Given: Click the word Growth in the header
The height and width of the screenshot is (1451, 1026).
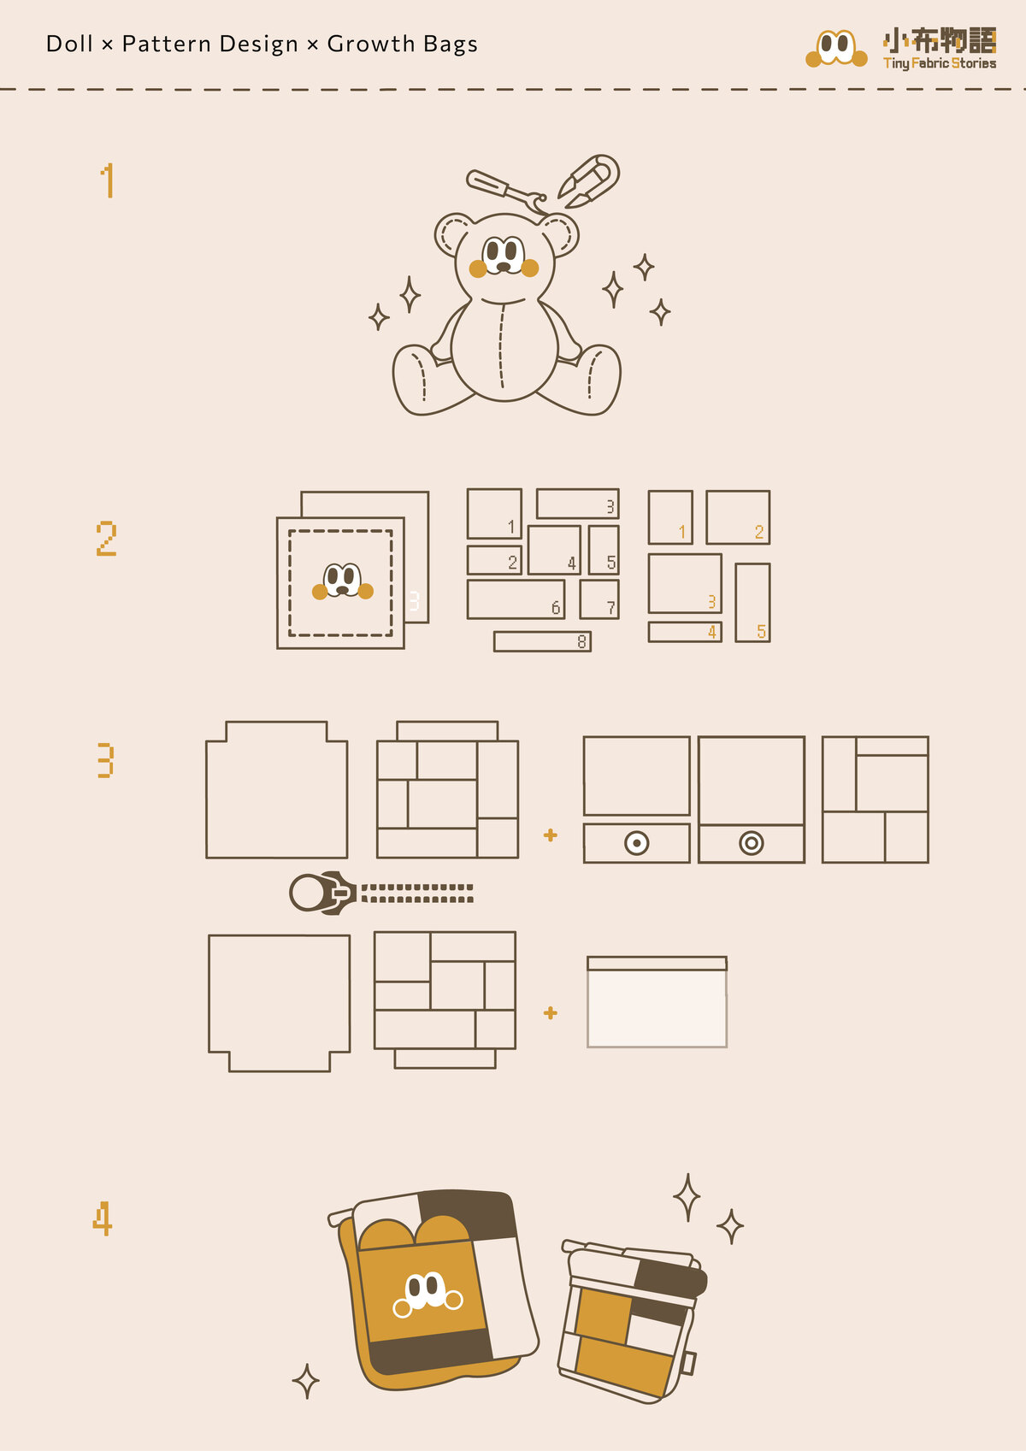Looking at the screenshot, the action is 370,44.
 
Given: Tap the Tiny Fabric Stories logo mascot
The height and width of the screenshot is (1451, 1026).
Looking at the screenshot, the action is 836,49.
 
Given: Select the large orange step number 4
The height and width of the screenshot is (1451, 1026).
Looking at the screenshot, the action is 103,1218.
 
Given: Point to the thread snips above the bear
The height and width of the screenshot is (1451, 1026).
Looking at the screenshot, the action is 589,180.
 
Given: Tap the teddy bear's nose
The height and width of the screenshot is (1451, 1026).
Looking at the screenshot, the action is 504,267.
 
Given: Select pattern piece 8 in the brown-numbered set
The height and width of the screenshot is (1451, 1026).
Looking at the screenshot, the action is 542,641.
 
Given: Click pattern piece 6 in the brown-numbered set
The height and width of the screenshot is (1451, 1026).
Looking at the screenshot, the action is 516,599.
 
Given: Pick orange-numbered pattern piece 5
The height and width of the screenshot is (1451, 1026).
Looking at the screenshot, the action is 752,603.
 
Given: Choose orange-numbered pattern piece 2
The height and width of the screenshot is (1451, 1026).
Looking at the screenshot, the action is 738,517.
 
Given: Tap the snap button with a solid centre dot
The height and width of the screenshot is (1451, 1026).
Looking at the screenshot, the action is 637,843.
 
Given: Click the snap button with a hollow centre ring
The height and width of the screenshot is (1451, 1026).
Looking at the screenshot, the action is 752,843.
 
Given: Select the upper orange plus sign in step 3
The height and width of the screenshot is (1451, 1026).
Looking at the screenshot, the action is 551,835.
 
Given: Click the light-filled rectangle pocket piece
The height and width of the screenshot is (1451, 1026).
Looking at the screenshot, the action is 657,1001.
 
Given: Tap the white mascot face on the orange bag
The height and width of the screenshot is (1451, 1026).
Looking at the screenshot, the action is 428,1294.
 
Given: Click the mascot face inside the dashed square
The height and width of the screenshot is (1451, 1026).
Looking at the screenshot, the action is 343,581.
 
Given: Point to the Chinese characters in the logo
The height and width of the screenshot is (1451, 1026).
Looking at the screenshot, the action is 939,40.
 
